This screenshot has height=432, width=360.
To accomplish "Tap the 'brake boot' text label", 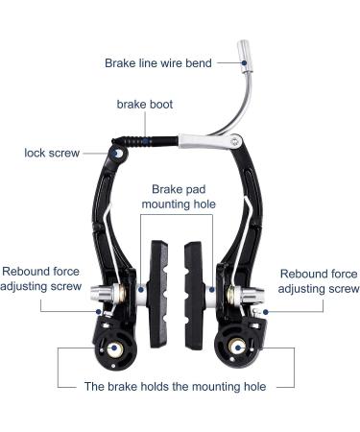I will point(145,105).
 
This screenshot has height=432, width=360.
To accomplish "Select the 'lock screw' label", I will point(53,152).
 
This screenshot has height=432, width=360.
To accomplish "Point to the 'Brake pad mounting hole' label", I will point(179,197).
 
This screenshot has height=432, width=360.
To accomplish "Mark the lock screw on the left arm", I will point(117,153).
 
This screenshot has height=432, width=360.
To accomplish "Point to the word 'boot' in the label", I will point(160,105).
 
